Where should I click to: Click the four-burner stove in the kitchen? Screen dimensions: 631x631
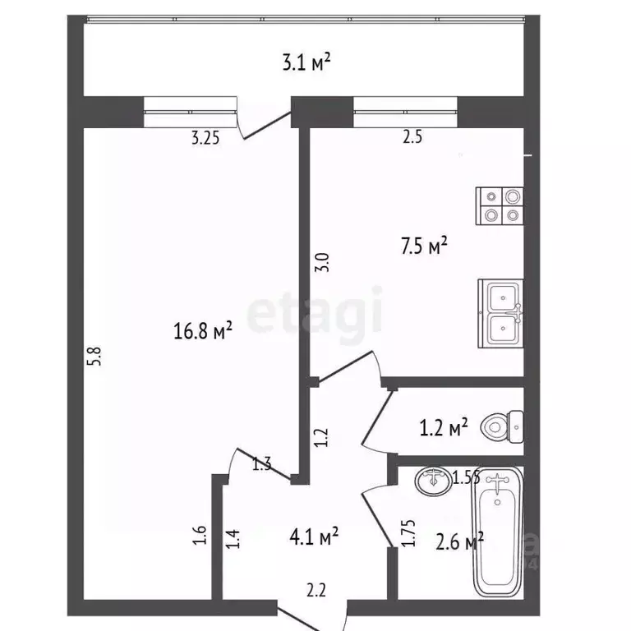[x=500, y=205]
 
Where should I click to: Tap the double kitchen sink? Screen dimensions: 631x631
[x=501, y=311]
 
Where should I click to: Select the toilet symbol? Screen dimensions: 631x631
[x=502, y=426]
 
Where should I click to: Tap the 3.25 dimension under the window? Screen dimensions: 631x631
[x=205, y=138]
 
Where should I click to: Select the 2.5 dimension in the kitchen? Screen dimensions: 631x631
[x=412, y=138]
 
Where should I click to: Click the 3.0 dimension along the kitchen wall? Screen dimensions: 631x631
[x=323, y=262]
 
